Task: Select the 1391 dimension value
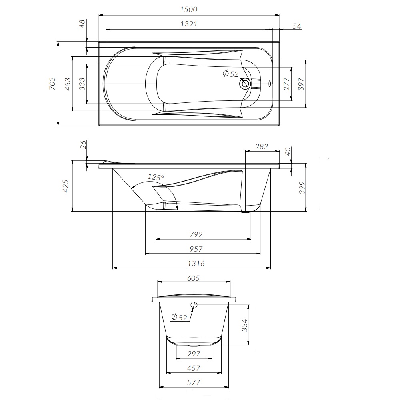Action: pyautogui.click(x=189, y=24)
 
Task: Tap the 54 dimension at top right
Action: pyautogui.click(x=296, y=26)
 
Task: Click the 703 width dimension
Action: pyautogui.click(x=52, y=84)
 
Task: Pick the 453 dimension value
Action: pyautogui.click(x=68, y=84)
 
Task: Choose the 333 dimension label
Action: pyautogui.click(x=82, y=84)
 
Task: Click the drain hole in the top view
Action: pyautogui.click(x=245, y=84)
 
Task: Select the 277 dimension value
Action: pyautogui.click(x=287, y=84)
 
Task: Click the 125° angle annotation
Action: pyautogui.click(x=156, y=176)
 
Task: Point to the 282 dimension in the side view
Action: pyautogui.click(x=261, y=147)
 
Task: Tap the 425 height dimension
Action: pyautogui.click(x=66, y=186)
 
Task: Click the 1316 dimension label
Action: pyautogui.click(x=196, y=264)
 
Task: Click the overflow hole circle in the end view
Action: pyautogui.click(x=194, y=305)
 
